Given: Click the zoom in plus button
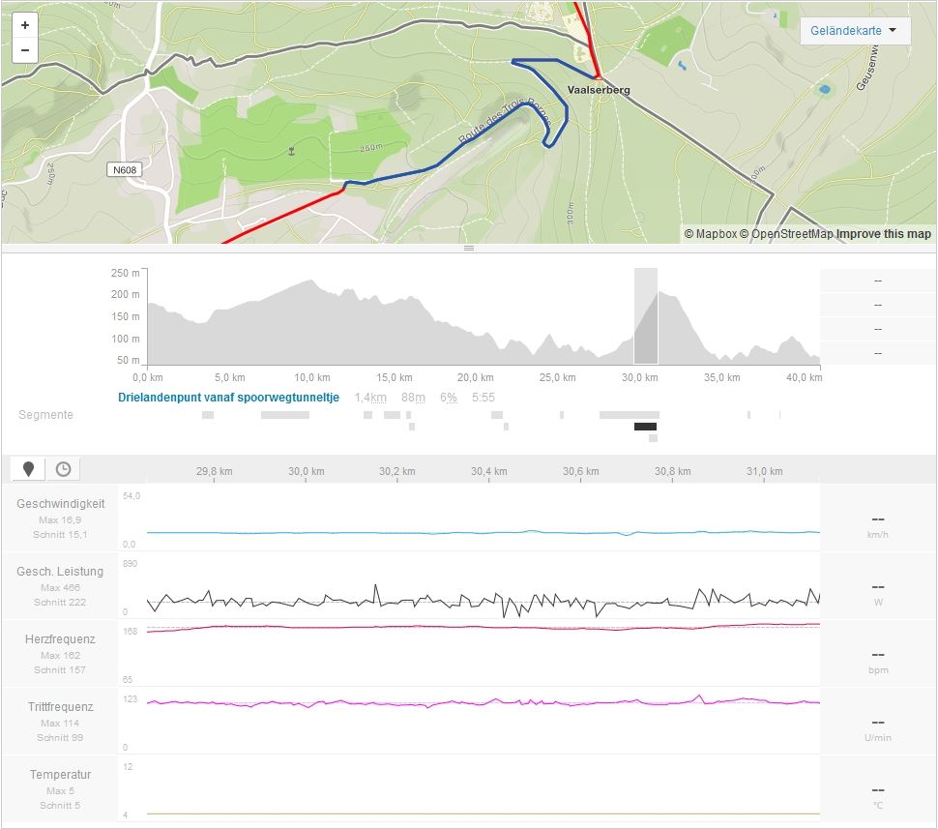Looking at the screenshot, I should [x=24, y=25].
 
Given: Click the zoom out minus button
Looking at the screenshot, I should [x=24, y=49].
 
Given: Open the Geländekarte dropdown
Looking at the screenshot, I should [x=855, y=31].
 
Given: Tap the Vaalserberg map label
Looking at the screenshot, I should [x=599, y=90].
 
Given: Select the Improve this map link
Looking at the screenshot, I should [x=884, y=234].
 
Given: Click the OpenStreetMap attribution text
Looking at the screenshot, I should [x=791, y=234].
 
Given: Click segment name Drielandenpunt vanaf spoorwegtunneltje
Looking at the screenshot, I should [x=228, y=398].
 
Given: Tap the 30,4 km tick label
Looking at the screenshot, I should [x=488, y=472].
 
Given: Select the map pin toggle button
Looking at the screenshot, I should [x=29, y=469].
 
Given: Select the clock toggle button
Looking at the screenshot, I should [x=63, y=469].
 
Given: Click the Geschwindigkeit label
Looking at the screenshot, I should [x=60, y=504].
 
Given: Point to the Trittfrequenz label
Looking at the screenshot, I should [x=60, y=707].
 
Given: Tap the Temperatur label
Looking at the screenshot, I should [x=60, y=775].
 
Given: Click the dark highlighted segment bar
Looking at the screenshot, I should [x=645, y=427].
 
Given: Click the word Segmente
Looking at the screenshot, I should [x=45, y=415].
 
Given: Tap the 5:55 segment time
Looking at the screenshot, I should [x=483, y=398].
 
